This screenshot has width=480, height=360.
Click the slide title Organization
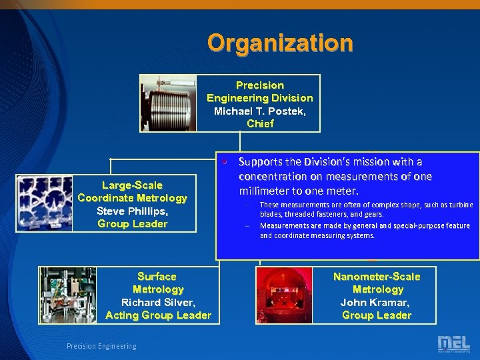(279, 43)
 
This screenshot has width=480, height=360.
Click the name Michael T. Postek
(260, 111)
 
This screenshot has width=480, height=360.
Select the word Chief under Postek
(260, 123)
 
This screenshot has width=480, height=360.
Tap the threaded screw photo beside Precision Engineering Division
(169, 103)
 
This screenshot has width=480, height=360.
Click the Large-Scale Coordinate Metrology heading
(132, 191)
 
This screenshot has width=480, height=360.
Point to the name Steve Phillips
(132, 211)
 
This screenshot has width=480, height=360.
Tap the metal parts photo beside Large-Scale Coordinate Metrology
(45, 203)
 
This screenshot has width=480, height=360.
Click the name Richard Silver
(158, 302)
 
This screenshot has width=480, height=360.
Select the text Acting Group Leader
(158, 315)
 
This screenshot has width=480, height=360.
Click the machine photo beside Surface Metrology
(67, 295)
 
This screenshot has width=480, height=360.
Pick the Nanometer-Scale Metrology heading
(377, 283)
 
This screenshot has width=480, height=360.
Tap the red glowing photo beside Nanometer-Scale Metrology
(285, 295)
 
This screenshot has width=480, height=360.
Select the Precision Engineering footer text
(101, 345)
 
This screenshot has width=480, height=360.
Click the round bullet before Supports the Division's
(225, 161)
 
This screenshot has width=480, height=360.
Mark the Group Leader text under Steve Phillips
(132, 223)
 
